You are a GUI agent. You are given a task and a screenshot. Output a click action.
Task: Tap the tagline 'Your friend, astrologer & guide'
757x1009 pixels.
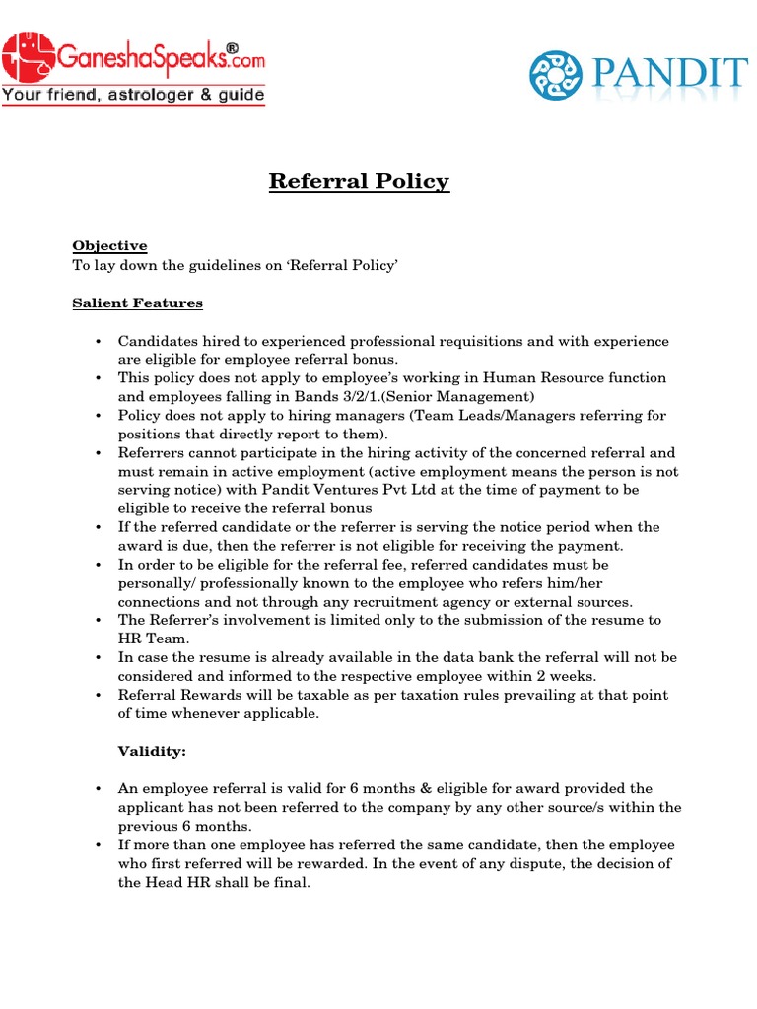click(x=133, y=96)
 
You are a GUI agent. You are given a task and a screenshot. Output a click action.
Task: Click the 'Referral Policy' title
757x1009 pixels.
click(x=359, y=181)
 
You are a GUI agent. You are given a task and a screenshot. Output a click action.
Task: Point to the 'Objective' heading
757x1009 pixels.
click(x=109, y=246)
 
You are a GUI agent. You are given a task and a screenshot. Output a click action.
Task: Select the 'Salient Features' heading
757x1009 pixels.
click(x=137, y=303)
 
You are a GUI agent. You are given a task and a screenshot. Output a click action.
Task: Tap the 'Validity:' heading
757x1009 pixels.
click(x=152, y=751)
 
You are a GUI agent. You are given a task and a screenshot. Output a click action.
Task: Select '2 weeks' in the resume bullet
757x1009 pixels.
click(x=570, y=676)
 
